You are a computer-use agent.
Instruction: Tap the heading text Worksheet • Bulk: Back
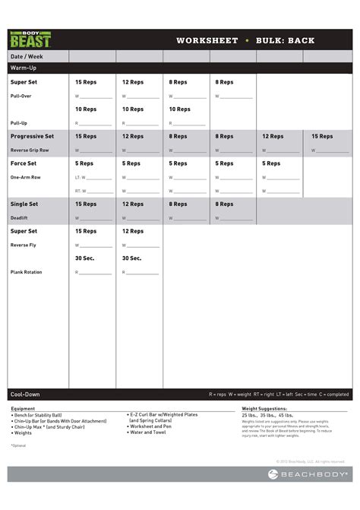pos(245,40)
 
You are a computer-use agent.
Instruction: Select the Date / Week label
pos(27,57)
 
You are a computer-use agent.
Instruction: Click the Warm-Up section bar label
pos(24,68)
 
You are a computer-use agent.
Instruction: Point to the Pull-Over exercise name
pos(21,97)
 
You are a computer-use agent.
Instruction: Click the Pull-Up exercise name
pos(19,122)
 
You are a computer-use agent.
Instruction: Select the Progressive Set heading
pos(32,136)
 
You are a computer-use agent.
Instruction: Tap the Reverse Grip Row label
pos(30,150)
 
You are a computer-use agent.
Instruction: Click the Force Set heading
pos(24,163)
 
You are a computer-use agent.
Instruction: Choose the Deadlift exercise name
pos(20,217)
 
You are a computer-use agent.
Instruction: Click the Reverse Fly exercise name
pos(23,245)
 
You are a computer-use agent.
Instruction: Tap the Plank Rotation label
pos(27,271)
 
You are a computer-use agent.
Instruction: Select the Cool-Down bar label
pos(25,394)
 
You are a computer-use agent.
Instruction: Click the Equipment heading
pos(23,409)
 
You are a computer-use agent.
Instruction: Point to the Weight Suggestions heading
pos(265,409)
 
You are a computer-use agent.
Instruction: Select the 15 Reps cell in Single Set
pos(86,204)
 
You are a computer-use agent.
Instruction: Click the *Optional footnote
pos(18,445)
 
